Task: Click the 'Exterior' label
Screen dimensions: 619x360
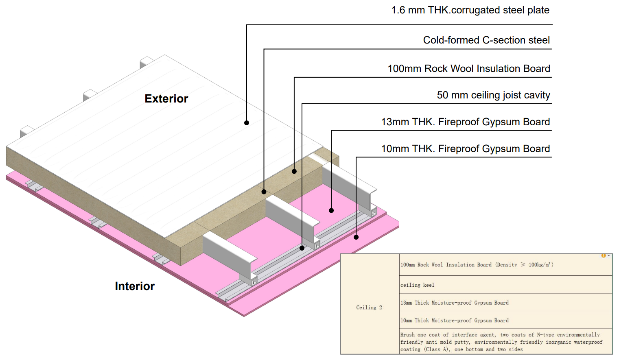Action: click(166, 98)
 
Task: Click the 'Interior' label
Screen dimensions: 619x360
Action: click(135, 286)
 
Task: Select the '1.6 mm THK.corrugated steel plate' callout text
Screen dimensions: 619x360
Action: click(470, 10)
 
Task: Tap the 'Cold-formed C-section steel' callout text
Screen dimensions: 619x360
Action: click(486, 40)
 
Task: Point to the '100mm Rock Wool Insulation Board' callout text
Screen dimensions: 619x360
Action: click(469, 68)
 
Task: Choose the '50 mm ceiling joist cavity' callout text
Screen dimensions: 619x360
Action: click(494, 95)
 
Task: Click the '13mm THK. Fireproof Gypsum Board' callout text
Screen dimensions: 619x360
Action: click(466, 122)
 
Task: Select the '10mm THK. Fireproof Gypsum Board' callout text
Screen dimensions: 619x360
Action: click(466, 148)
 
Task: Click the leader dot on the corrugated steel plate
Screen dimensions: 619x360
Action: click(247, 123)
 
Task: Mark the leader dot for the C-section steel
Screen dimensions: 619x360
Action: click(264, 192)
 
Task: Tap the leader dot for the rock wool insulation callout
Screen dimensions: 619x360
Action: click(294, 171)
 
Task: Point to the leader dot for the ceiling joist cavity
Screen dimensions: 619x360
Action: click(302, 248)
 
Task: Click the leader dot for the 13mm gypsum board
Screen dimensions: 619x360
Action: click(331, 211)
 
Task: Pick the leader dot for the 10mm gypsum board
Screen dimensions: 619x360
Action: click(356, 237)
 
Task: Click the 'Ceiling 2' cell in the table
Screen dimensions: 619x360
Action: click(369, 308)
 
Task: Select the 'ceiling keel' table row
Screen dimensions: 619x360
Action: click(506, 285)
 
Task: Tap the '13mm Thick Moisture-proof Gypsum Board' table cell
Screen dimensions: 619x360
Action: click(506, 302)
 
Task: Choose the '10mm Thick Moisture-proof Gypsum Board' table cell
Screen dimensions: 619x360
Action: click(506, 320)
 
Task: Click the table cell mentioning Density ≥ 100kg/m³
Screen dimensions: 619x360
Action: click(506, 265)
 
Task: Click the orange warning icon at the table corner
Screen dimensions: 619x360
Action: click(604, 256)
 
